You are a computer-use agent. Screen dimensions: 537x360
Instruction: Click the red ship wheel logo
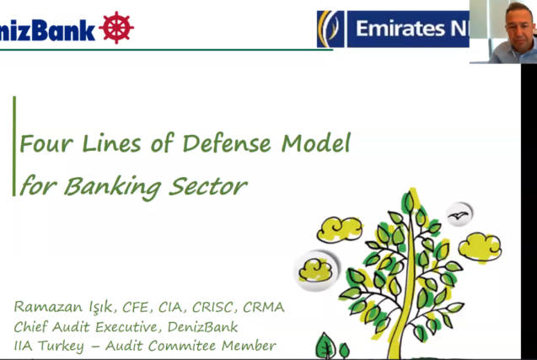[116, 28]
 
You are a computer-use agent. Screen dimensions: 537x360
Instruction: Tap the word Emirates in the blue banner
[400, 29]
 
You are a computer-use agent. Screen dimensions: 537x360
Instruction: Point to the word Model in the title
[316, 142]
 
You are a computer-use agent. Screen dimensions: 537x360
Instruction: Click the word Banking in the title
[112, 187]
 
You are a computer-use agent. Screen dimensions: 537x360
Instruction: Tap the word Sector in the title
[207, 186]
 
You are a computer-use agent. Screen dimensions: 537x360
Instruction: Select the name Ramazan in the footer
[48, 307]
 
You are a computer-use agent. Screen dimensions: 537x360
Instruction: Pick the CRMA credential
[263, 307]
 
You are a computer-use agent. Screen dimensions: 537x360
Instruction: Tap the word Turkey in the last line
[61, 346]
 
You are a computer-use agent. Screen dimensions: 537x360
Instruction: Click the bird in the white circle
[459, 215]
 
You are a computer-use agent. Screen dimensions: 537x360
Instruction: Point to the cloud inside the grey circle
[315, 270]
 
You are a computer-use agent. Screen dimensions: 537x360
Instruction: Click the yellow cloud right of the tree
[480, 247]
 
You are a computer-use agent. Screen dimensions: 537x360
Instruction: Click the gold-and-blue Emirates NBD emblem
[330, 29]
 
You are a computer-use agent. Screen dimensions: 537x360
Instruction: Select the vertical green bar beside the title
[14, 146]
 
